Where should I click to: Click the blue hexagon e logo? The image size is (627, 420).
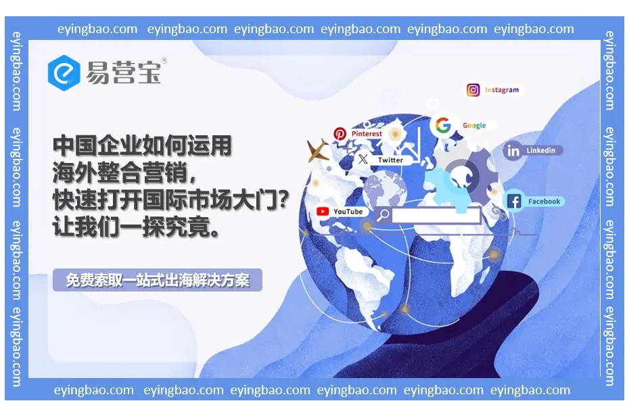pos(64,73)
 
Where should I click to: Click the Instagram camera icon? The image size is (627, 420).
pos(473,90)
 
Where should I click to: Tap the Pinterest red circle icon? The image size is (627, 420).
pos(340,134)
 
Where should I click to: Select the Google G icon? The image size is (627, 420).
pos(442,125)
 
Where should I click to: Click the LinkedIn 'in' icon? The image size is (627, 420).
pos(513,151)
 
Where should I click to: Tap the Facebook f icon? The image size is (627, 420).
pos(514,201)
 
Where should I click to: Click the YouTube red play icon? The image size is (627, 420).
pos(323,211)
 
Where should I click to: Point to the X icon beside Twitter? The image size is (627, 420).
pos(363,159)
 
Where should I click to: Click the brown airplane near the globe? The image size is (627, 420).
pos(317,150)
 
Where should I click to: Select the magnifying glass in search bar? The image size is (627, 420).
pos(383,215)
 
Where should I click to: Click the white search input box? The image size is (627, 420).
pos(436,215)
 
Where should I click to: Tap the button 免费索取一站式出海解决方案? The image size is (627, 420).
pos(158,280)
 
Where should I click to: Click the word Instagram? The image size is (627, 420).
pos(502,90)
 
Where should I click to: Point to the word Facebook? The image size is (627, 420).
pos(544,201)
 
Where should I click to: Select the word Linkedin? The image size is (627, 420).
pos(540,150)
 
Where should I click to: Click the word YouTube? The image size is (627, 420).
pos(348,211)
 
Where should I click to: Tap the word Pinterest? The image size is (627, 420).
pos(367,134)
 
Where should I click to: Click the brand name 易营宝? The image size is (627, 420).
pos(124,72)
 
